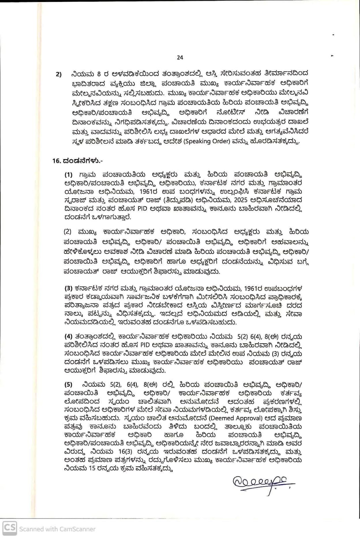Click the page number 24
[x=180, y=57]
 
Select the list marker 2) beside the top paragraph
[x=59, y=74]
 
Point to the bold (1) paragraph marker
[x=68, y=175]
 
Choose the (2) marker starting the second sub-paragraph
[x=68, y=232]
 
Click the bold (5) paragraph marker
[x=68, y=385]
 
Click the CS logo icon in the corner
[x=9, y=528]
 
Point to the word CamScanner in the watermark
[x=78, y=529]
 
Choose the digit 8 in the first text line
[x=99, y=74]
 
